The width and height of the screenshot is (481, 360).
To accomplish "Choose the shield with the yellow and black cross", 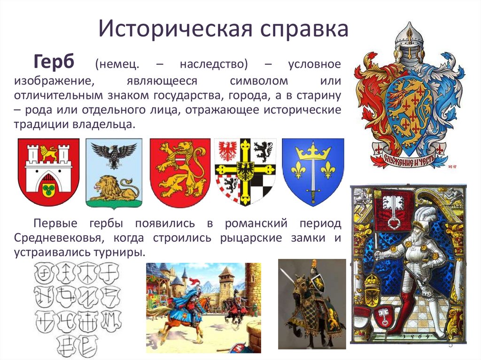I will point(246,171).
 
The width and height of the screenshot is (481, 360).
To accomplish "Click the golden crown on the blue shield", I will point(312,152).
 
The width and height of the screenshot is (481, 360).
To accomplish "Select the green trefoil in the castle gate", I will point(48,189).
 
